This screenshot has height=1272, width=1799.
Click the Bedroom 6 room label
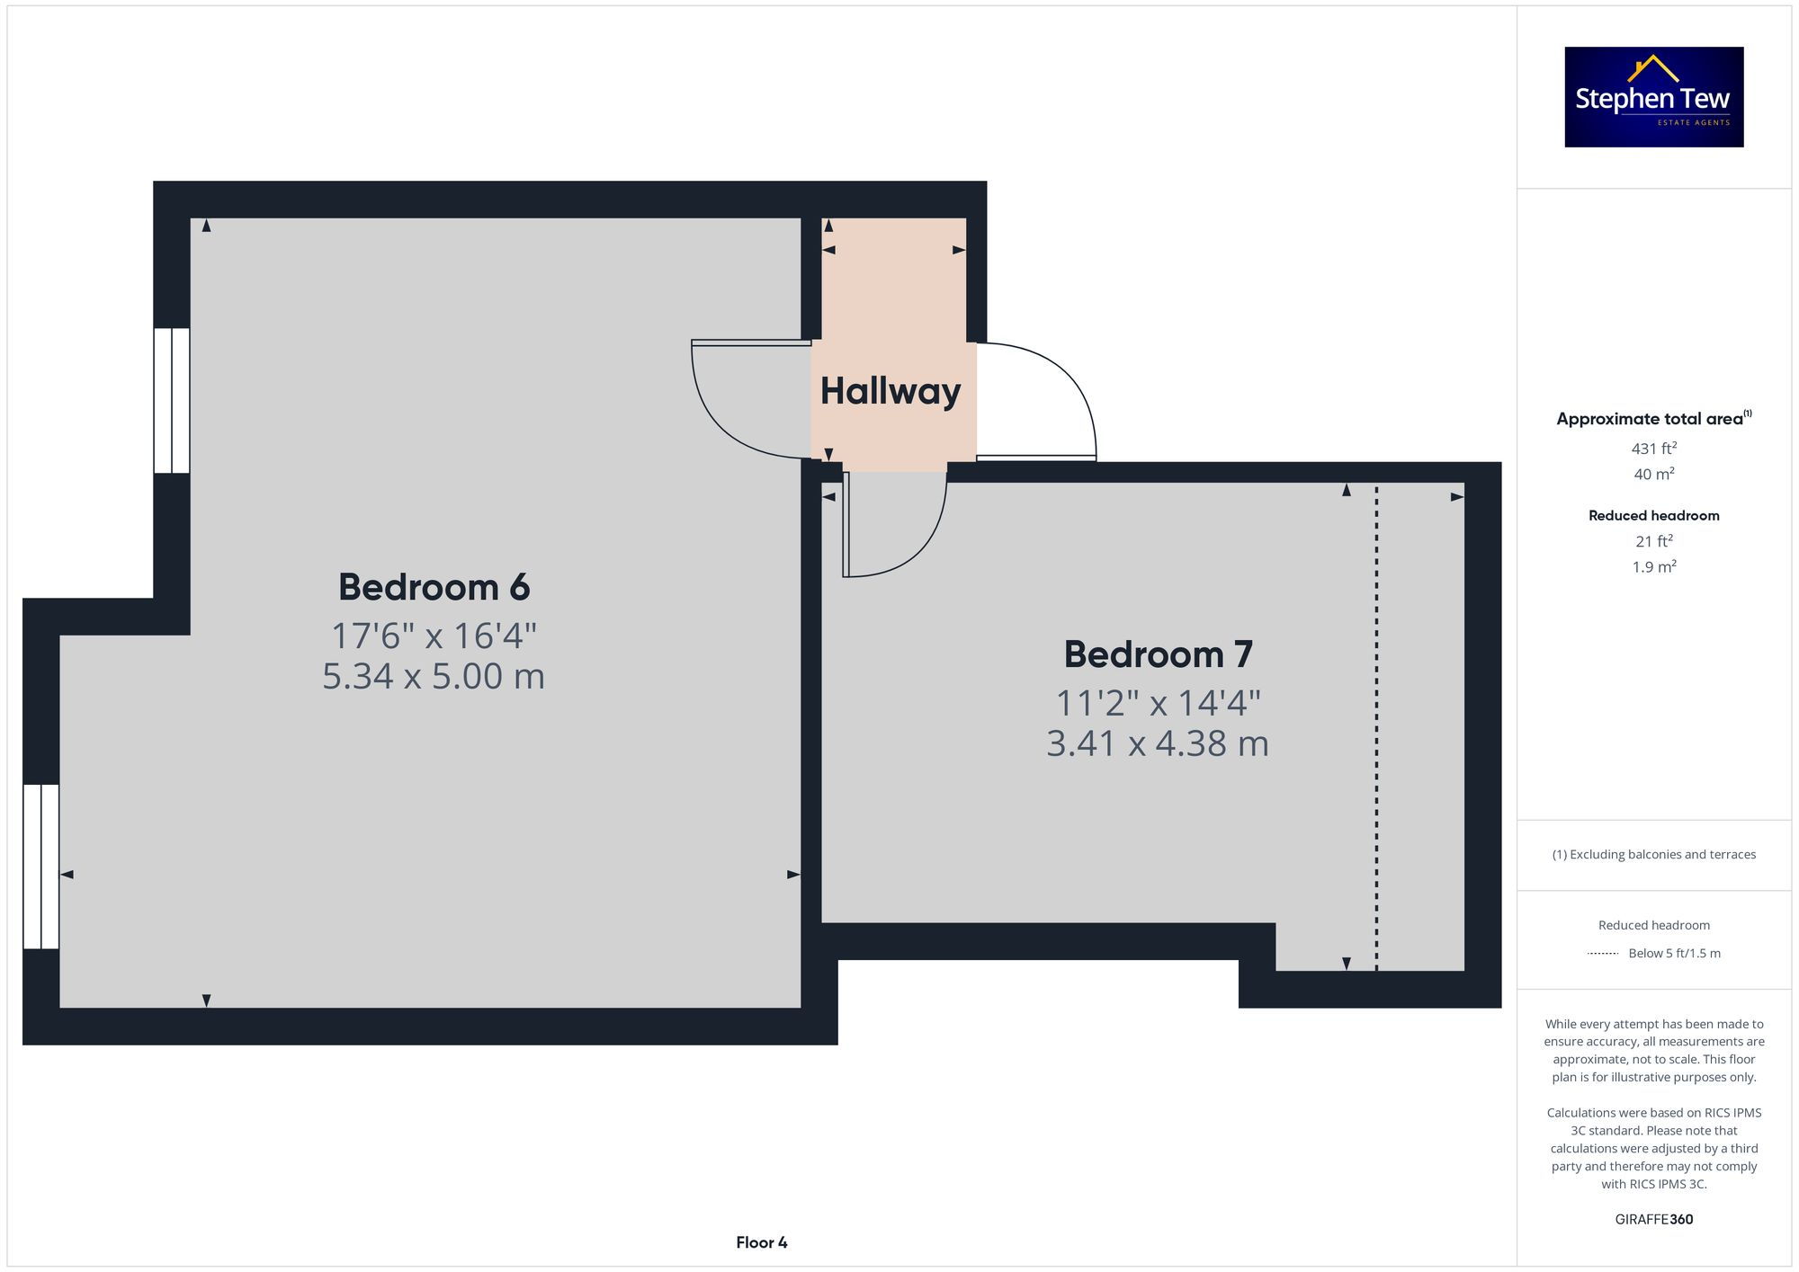(x=434, y=587)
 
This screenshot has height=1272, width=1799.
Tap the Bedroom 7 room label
(x=1158, y=654)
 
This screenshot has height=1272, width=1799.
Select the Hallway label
(x=891, y=391)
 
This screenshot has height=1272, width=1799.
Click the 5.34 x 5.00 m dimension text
(x=434, y=676)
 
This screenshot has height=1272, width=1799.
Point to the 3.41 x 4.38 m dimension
(x=1158, y=743)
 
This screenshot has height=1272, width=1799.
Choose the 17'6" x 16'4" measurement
(x=434, y=636)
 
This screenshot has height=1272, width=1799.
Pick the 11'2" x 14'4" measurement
(x=1158, y=703)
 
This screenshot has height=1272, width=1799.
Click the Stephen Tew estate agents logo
(x=1653, y=97)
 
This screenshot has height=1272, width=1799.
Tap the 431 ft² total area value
(x=1653, y=448)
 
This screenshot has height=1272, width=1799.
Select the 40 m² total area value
(x=1653, y=474)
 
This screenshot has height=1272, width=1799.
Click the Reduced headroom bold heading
(x=1653, y=515)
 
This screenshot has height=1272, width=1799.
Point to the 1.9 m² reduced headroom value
(x=1653, y=566)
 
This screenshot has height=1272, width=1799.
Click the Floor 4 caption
(x=761, y=1242)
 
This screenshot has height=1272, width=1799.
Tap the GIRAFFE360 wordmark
(x=1653, y=1219)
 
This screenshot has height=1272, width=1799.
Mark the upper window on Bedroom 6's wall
(x=172, y=400)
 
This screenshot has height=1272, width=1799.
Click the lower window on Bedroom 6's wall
(x=41, y=867)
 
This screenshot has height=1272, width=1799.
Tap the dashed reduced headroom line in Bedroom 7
(x=1376, y=719)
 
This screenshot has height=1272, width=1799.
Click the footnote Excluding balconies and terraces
(x=1653, y=854)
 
